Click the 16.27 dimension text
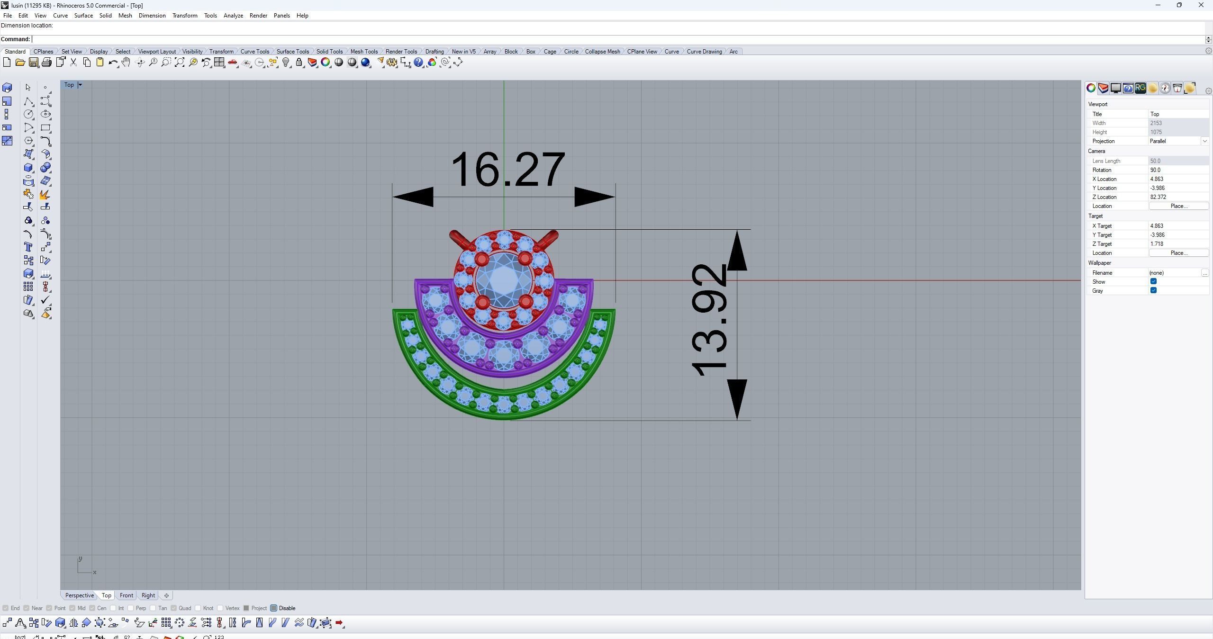[507, 170]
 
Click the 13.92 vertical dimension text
[709, 320]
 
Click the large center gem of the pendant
[504, 280]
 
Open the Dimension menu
[152, 16]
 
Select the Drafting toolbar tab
[434, 52]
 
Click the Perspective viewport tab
[79, 595]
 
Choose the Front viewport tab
[126, 595]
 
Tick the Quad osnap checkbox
[174, 608]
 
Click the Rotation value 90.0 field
[1177, 170]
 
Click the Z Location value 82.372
[1177, 197]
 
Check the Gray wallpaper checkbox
[1153, 290]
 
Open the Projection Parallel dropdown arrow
[1204, 141]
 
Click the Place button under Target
[1178, 253]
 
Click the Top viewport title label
[69, 85]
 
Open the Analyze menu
[233, 16]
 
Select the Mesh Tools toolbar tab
[363, 52]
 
